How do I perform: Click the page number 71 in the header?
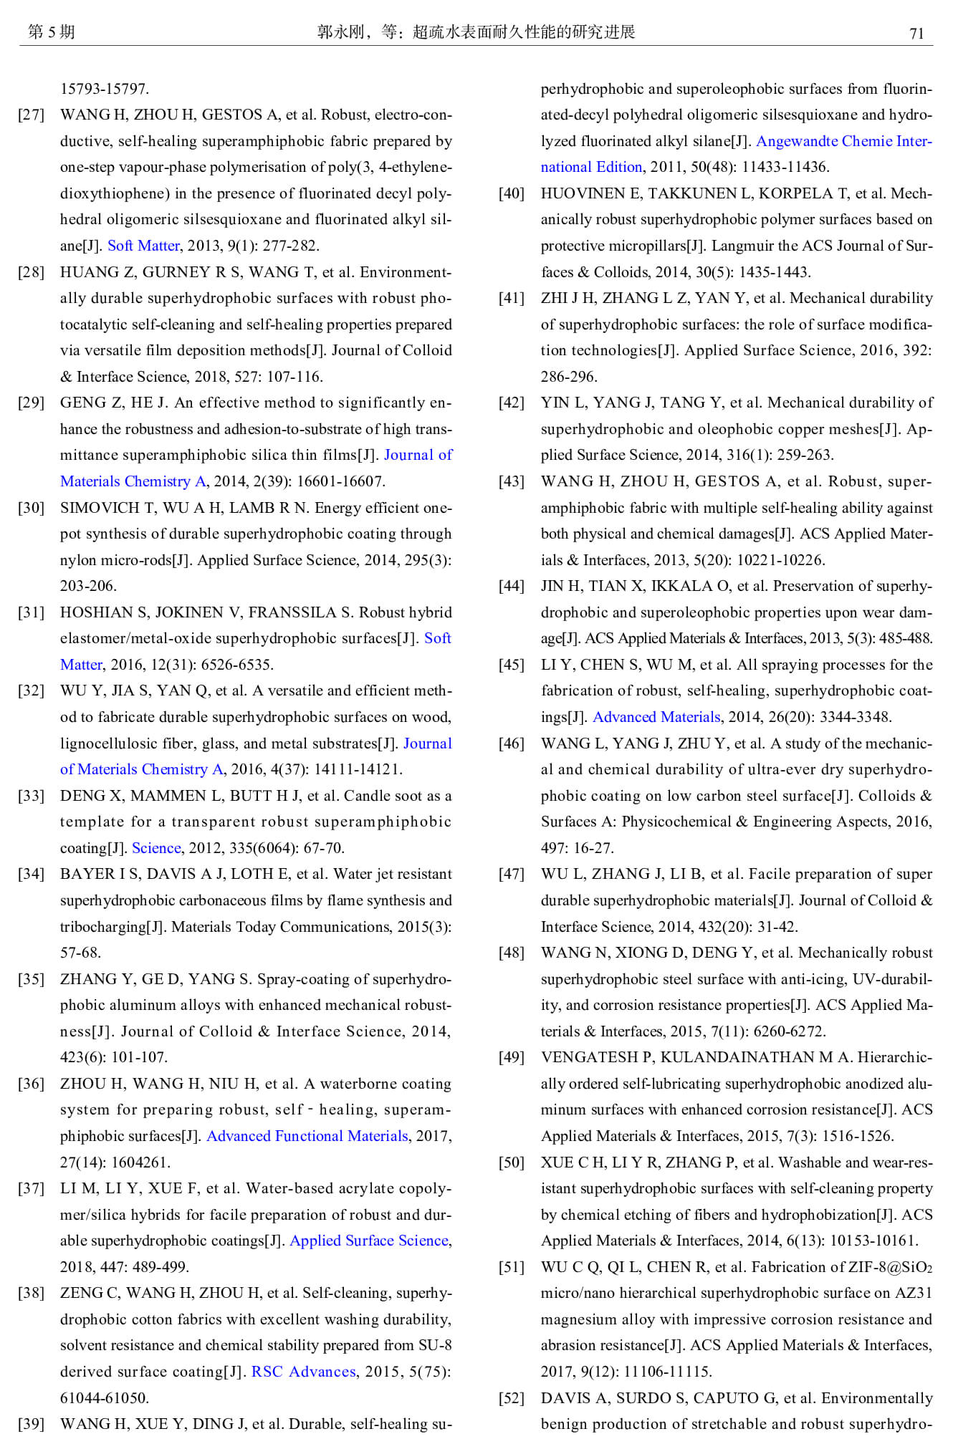pos(916,34)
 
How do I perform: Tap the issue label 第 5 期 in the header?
pos(51,32)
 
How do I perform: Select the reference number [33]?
pos(31,796)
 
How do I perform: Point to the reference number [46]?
pos(512,743)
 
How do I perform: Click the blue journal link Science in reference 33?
pos(156,848)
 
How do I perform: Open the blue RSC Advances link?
pos(303,1372)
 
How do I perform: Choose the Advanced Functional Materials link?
pos(307,1136)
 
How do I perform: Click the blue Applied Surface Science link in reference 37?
pos(369,1241)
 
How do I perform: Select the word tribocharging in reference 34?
pos(102,927)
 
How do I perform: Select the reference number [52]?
pos(512,1398)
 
